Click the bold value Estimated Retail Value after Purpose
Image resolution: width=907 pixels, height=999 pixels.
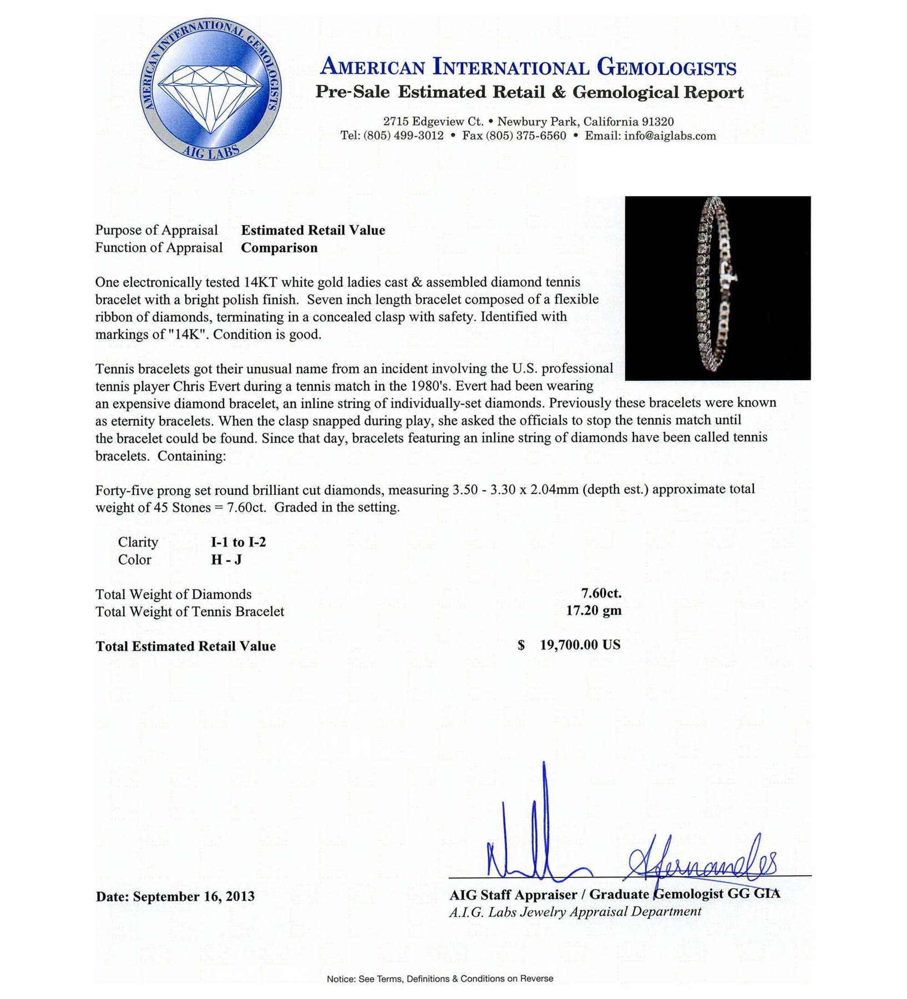click(x=313, y=230)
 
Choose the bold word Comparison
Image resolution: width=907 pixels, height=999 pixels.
click(x=279, y=248)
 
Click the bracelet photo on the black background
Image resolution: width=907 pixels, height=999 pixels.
click(x=717, y=288)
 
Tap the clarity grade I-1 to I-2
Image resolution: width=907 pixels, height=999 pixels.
click(x=239, y=542)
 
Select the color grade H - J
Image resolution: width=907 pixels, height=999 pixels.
click(x=226, y=560)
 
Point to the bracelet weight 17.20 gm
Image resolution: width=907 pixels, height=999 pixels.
click(x=593, y=611)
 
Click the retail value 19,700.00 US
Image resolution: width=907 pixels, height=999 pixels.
click(x=580, y=645)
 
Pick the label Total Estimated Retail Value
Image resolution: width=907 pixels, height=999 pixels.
click(x=185, y=646)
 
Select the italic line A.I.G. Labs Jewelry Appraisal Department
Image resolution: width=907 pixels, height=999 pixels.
click(x=575, y=911)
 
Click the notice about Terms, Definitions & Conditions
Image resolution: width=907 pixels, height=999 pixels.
click(x=439, y=978)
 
